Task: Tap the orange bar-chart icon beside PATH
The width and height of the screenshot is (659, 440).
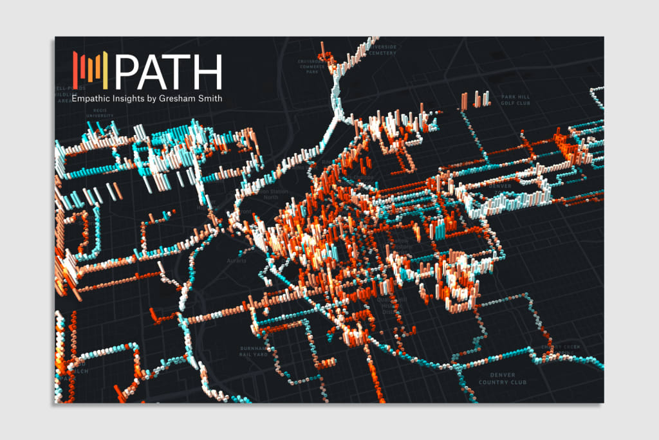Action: point(92,71)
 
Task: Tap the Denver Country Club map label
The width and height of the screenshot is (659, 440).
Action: point(503,378)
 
